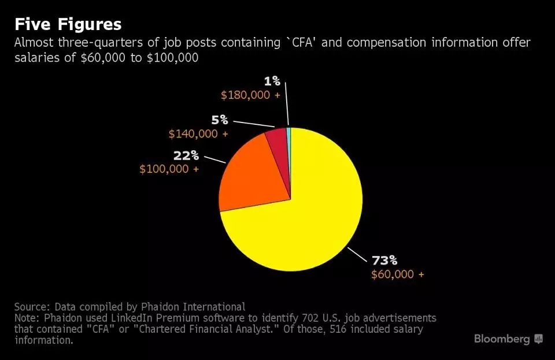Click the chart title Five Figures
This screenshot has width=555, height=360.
68,24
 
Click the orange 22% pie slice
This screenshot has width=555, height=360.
251,173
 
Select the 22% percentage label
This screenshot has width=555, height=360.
186,155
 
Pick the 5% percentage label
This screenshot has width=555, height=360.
219,120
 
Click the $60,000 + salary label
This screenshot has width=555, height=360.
397,274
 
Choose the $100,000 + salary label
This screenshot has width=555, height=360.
169,169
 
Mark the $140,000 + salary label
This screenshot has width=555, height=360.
198,133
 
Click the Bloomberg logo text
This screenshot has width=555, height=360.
502,339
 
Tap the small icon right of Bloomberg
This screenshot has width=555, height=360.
539,339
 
